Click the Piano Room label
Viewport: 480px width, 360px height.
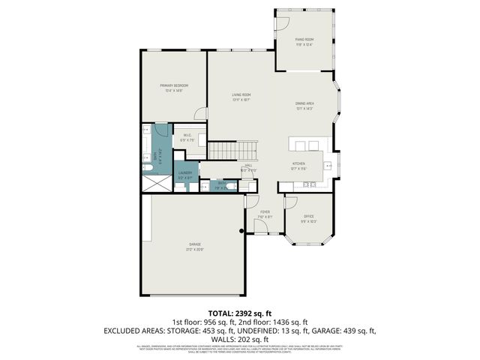point(304,40)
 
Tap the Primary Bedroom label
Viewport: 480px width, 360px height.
point(173,87)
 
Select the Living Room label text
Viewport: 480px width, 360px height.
point(240,96)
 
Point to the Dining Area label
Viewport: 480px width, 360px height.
point(304,105)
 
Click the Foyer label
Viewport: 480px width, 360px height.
point(265,213)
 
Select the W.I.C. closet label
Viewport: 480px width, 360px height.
point(187,136)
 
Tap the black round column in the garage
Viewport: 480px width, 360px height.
point(241,230)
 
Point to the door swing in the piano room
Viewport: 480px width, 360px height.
point(282,23)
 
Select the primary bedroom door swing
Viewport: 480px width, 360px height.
point(200,113)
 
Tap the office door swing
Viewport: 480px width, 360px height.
point(291,202)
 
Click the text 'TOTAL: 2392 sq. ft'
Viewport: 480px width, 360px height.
point(239,312)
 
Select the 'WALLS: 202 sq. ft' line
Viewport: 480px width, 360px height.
point(240,338)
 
